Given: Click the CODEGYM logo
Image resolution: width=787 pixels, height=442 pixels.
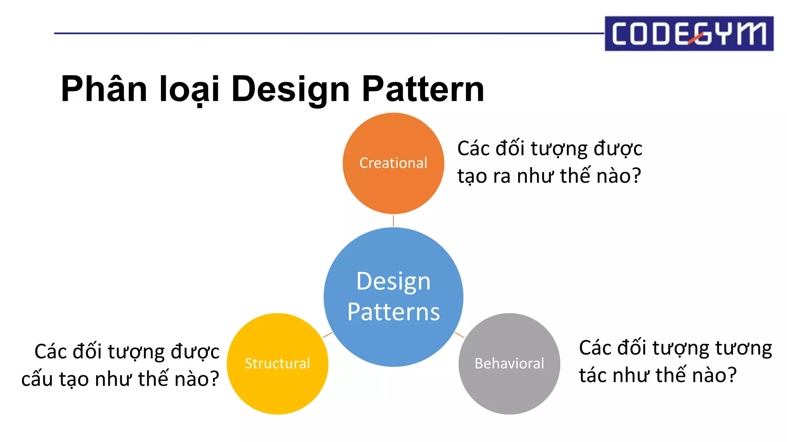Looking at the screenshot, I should [689, 33].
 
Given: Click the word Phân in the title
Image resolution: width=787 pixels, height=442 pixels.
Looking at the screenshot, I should [104, 89].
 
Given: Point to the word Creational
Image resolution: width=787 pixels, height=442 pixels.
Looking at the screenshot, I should [393, 163].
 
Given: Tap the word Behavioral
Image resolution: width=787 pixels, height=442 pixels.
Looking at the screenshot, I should [509, 363].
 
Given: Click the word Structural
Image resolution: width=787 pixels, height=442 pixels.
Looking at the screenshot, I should [277, 363].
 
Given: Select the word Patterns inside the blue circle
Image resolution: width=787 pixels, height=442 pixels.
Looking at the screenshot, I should [393, 312].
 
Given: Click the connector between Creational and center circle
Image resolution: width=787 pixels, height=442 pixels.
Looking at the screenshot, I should [393, 221].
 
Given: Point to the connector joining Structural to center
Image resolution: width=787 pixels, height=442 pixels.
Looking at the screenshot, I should [327, 335].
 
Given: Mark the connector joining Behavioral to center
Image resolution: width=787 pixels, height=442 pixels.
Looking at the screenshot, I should [459, 335].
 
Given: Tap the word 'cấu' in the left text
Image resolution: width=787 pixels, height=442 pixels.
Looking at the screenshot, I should [38, 379].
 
